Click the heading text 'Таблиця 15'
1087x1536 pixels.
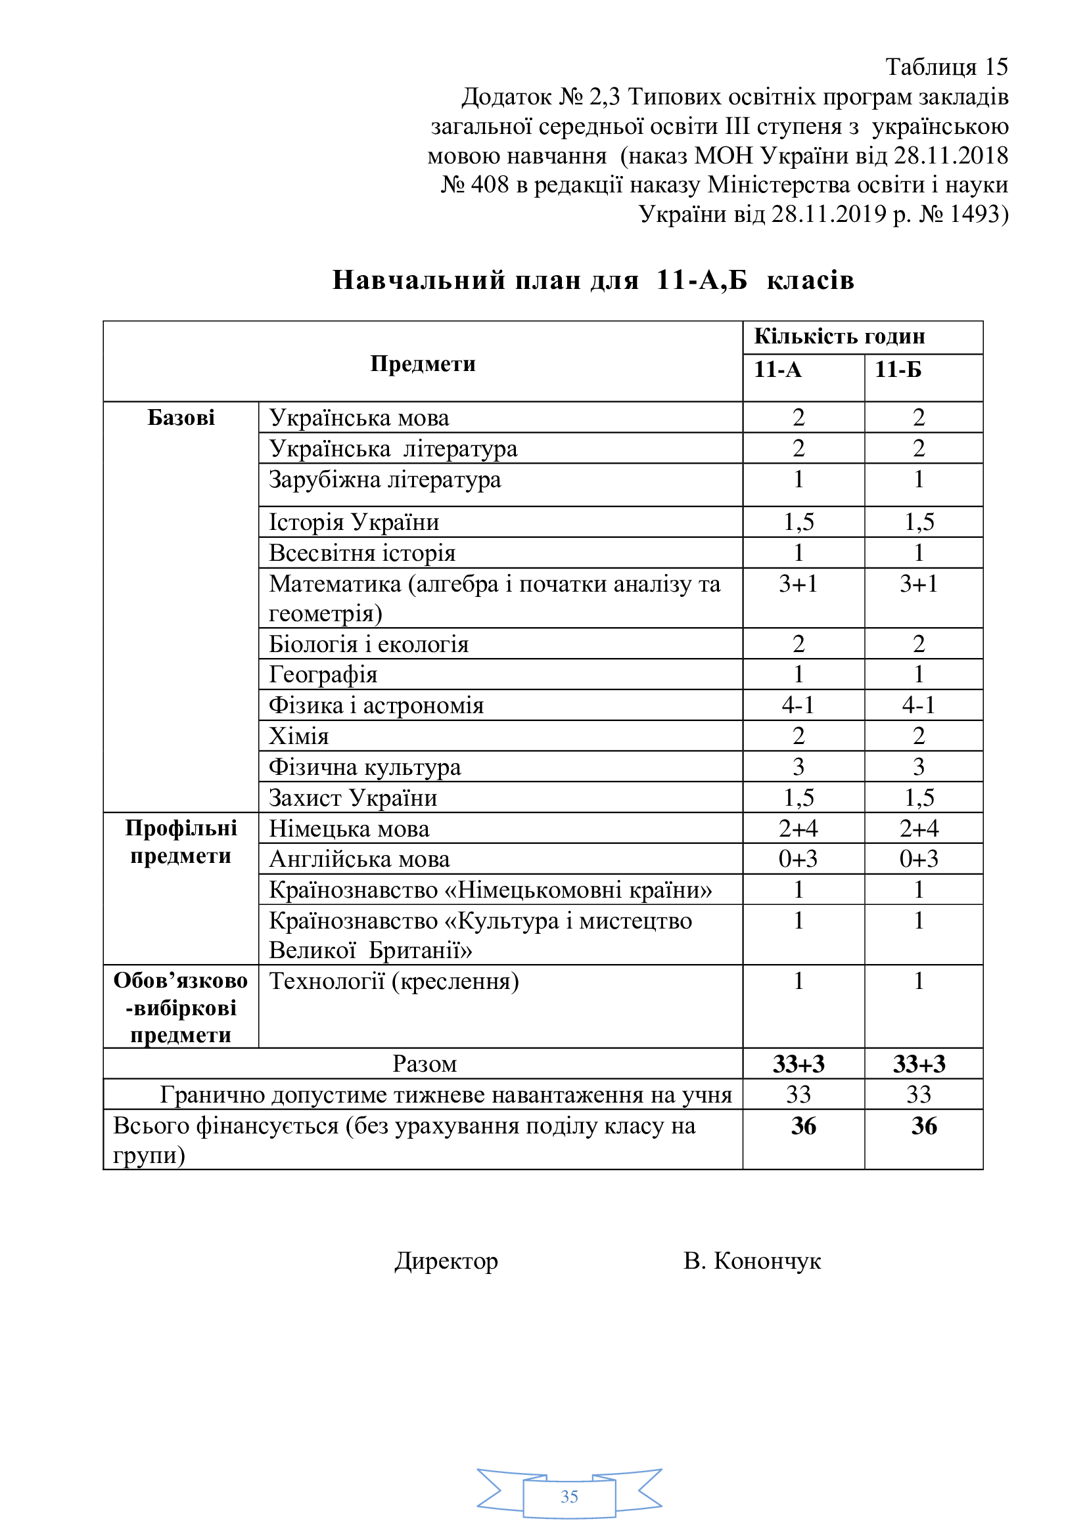[946, 67]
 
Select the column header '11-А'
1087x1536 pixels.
[777, 369]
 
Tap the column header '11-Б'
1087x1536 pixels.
[898, 369]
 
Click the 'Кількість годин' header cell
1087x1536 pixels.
[839, 336]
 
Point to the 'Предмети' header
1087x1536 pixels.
[423, 363]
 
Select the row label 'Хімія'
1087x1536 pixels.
[298, 736]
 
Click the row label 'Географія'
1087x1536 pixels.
[323, 674]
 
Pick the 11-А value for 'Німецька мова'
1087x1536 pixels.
[798, 828]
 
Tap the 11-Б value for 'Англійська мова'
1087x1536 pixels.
[918, 858]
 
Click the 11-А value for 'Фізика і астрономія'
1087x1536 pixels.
[798, 705]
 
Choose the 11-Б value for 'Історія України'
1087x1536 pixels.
[919, 522]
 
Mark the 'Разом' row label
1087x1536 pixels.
[425, 1064]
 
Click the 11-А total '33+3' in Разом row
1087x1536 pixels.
[798, 1064]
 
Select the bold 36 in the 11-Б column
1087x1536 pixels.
[923, 1126]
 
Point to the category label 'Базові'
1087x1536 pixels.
[181, 418]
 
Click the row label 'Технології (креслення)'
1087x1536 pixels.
[394, 980]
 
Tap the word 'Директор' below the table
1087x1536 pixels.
[446, 1260]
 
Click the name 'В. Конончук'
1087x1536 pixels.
[752, 1260]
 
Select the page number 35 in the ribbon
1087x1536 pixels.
[569, 1497]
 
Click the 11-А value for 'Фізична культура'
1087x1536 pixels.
[798, 766]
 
